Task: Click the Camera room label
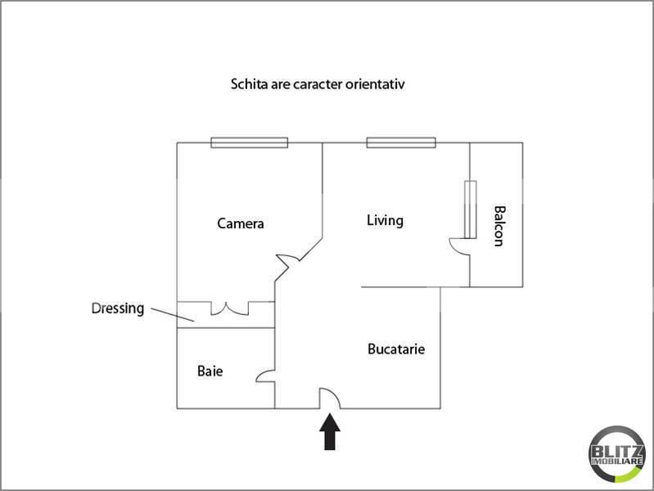click(x=241, y=223)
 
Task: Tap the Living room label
click(x=385, y=221)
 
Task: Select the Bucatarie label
click(x=396, y=349)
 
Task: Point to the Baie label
click(x=210, y=371)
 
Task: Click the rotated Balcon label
click(x=499, y=226)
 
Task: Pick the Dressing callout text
click(x=118, y=309)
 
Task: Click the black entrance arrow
click(x=330, y=432)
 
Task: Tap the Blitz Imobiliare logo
click(x=617, y=454)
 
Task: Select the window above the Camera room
click(x=250, y=142)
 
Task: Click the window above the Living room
click(x=401, y=142)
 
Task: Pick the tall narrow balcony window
click(x=471, y=209)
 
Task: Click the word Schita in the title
click(x=250, y=83)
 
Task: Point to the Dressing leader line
click(x=172, y=315)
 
